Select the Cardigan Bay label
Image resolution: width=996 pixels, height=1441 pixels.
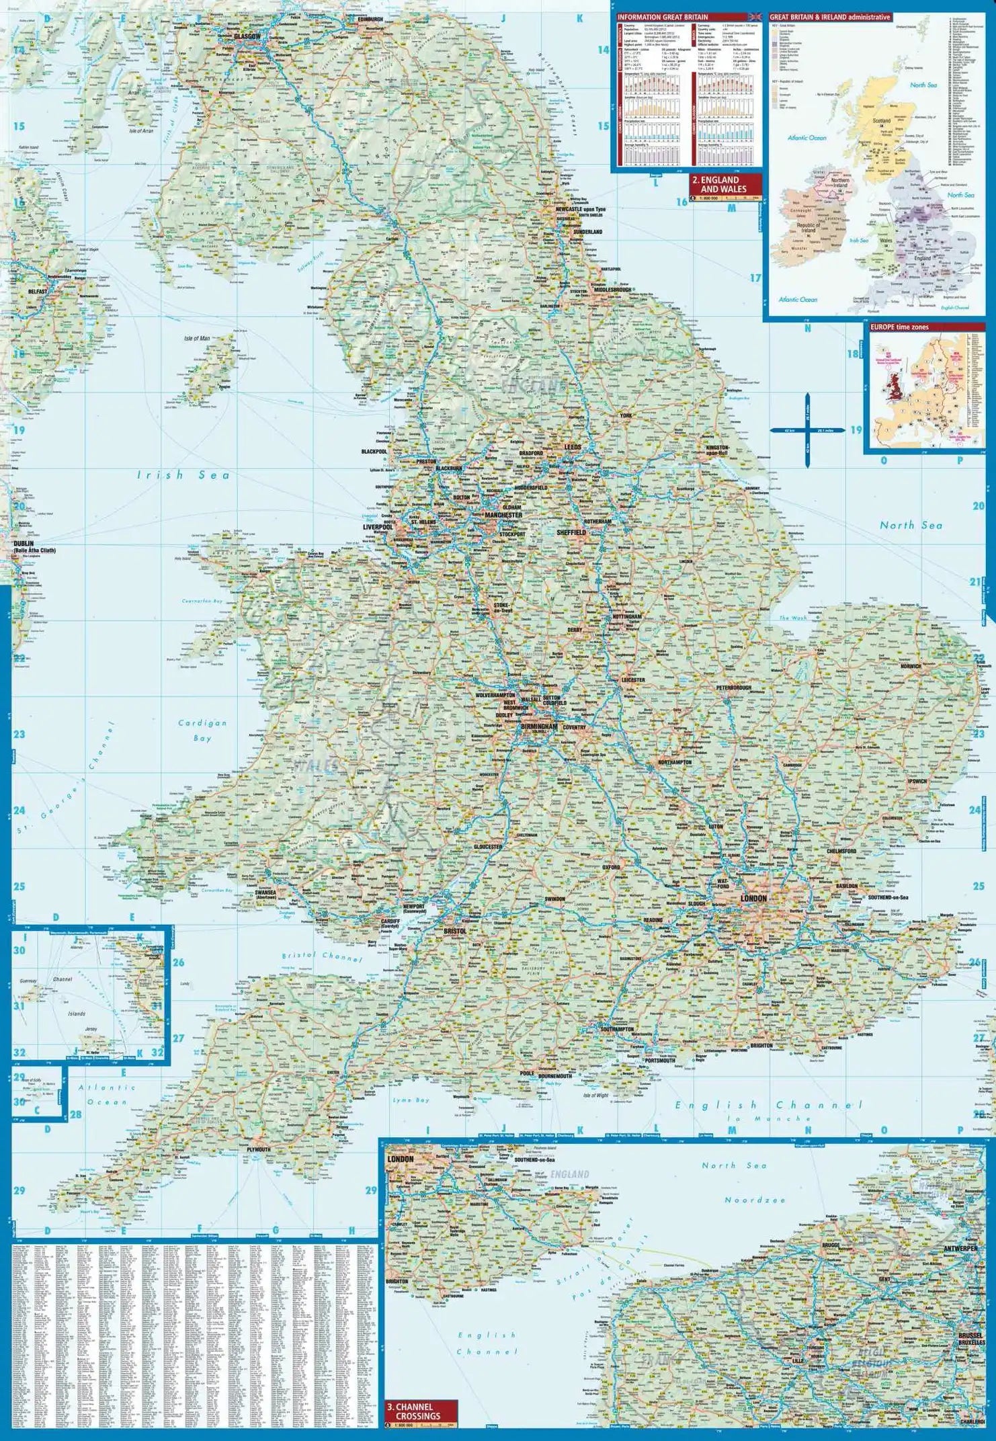pos(202,730)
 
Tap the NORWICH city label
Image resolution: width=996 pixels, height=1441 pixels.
pos(911,666)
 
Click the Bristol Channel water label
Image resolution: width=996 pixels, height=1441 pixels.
pos(322,956)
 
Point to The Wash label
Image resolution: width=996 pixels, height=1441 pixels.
pos(792,618)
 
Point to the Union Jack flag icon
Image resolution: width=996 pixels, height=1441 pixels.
pos(755,16)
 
